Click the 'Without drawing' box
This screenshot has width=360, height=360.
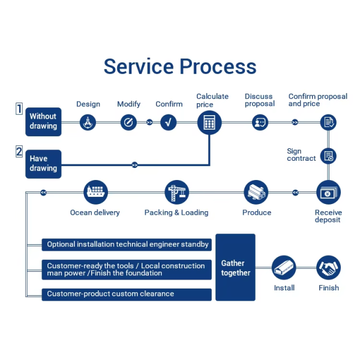43,122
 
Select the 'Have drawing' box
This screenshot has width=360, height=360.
43,164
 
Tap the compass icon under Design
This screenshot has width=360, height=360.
88,122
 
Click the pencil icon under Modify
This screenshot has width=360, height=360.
128,122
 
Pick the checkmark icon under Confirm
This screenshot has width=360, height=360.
169,122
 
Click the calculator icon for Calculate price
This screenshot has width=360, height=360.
209,122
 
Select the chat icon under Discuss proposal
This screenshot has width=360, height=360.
260,122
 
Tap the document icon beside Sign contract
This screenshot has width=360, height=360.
328,156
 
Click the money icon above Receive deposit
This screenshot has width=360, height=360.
328,192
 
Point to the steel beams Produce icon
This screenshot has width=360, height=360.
256,192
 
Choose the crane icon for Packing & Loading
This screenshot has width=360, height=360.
177,192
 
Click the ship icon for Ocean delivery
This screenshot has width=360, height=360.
96,192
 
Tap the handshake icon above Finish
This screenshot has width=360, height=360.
329,268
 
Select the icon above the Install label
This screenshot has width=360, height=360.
284,268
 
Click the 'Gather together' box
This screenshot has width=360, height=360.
235,267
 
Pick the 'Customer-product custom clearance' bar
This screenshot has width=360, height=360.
127,295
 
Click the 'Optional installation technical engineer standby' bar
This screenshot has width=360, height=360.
127,245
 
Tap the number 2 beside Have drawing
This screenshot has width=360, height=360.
19,152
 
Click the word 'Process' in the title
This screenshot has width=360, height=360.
218,67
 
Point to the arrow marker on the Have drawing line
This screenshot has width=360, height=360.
135,165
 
